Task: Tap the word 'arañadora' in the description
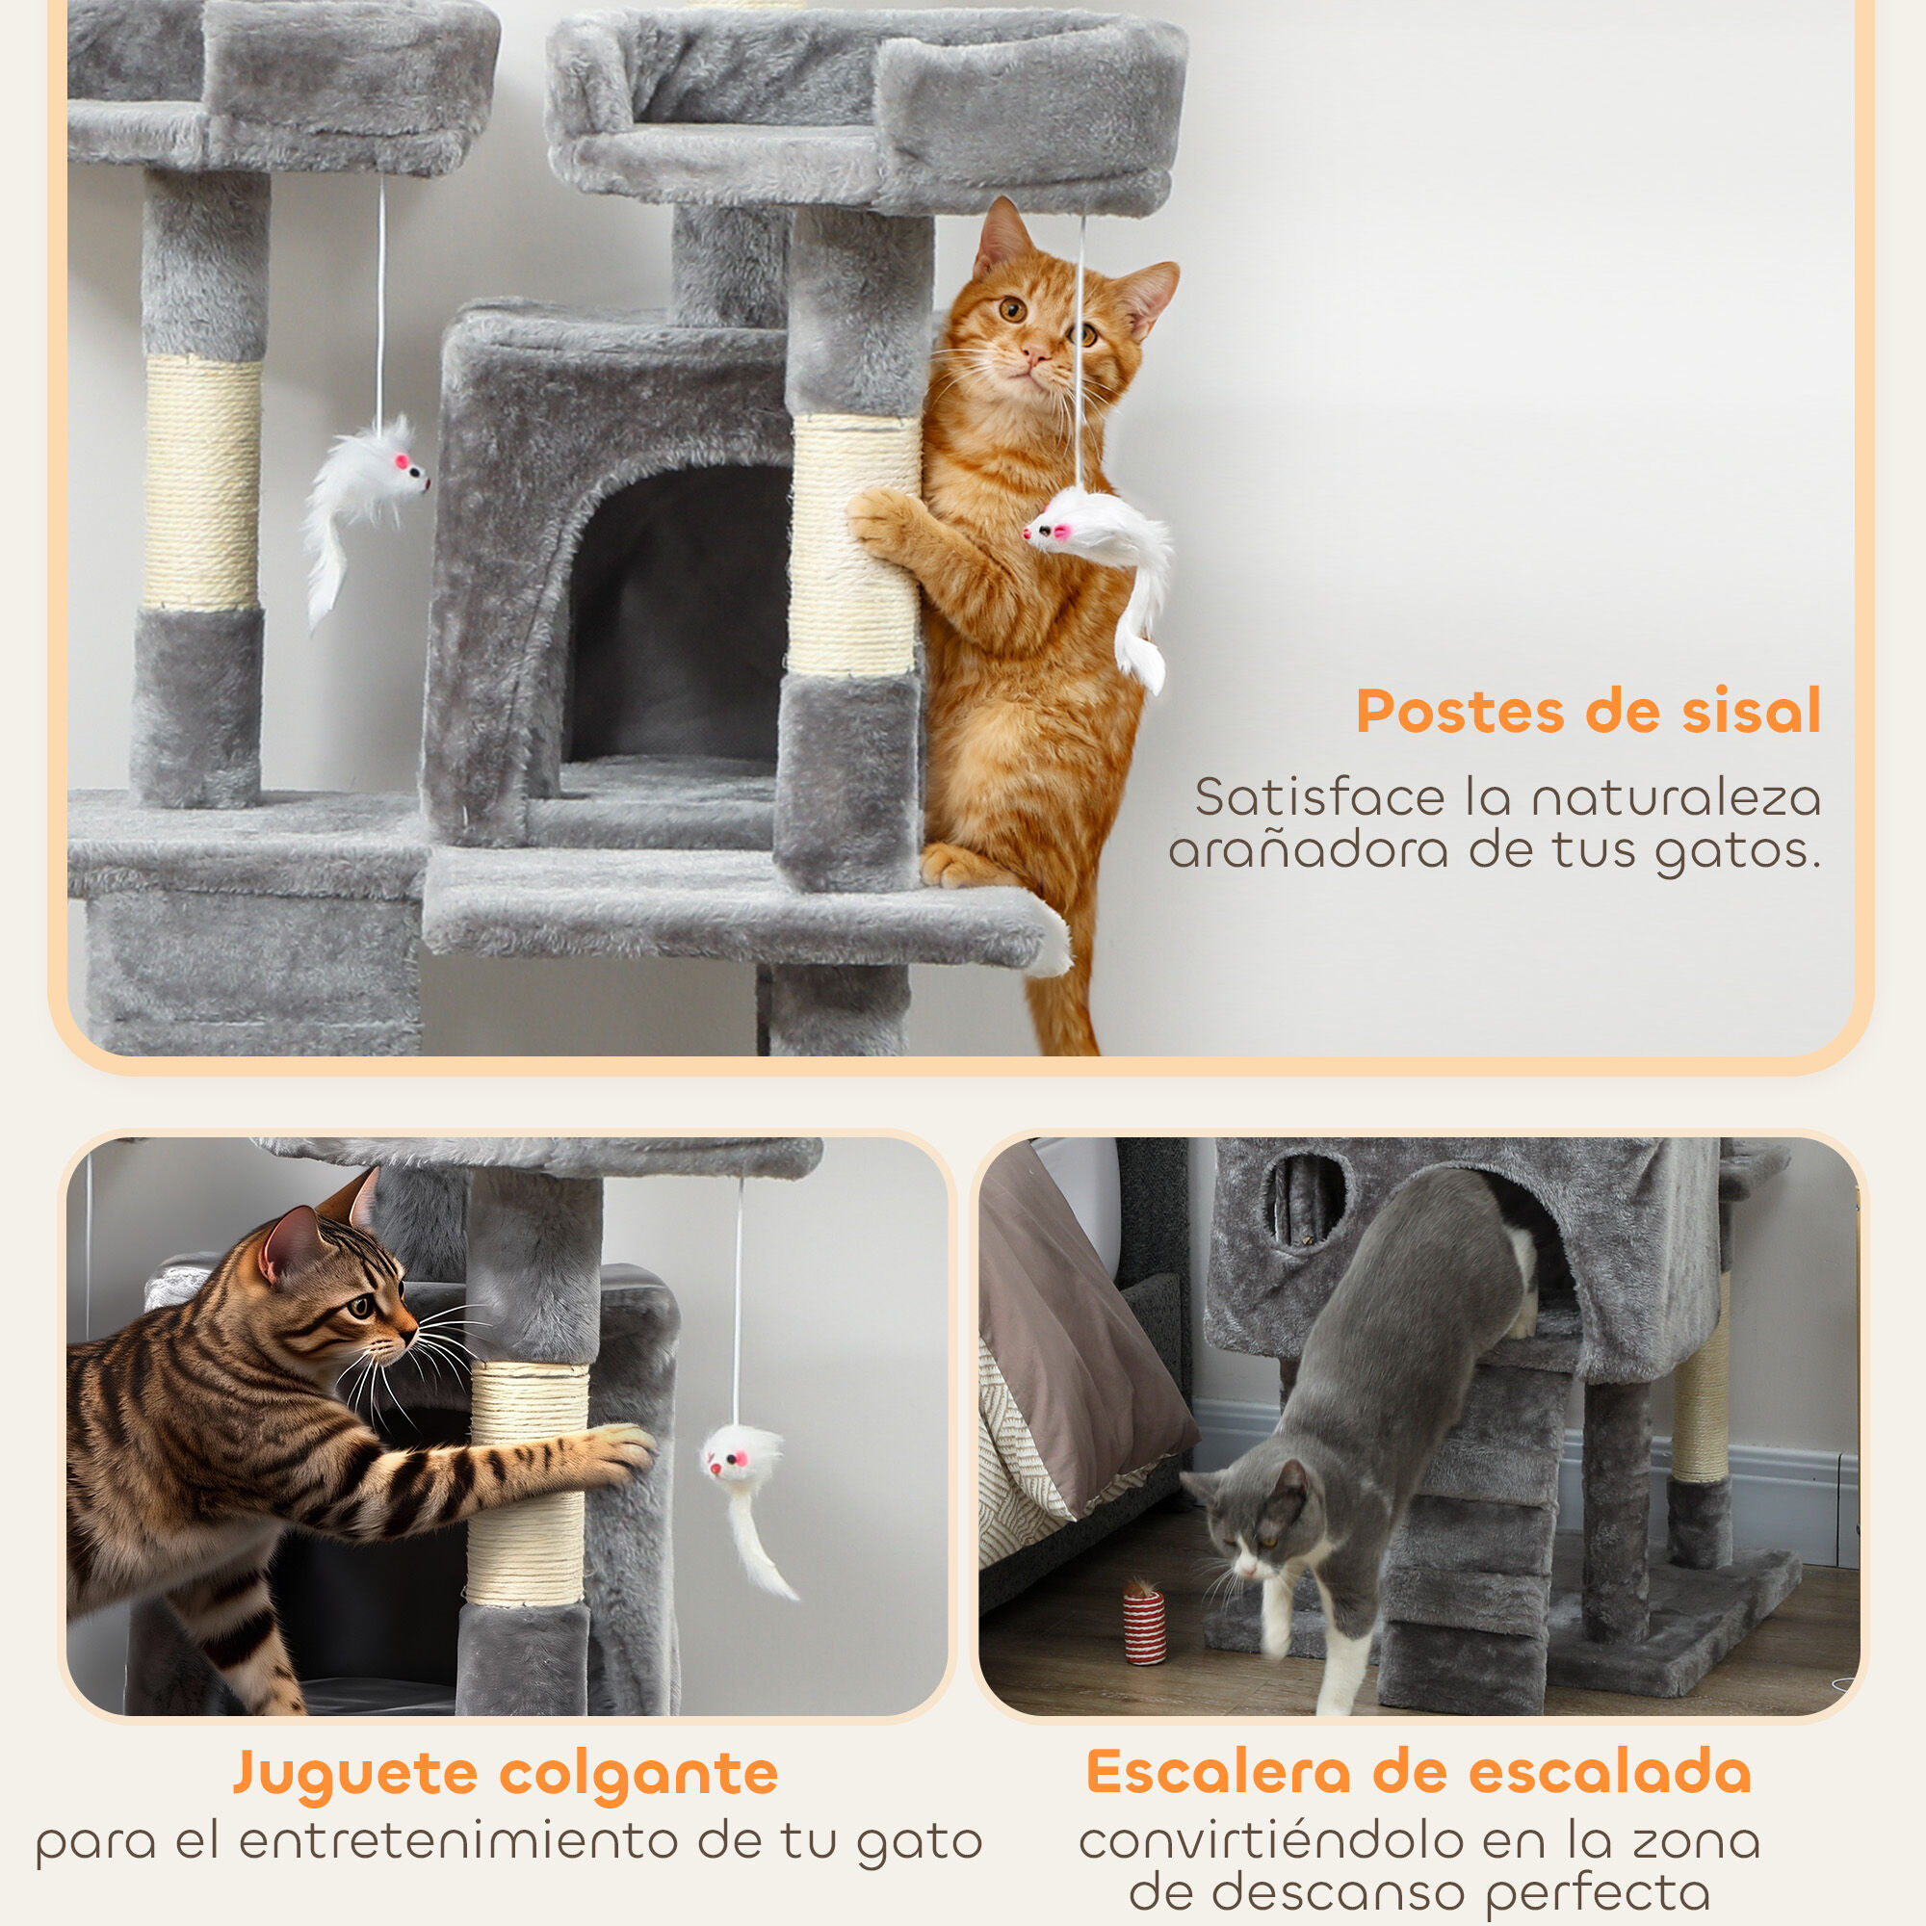pyautogui.click(x=1307, y=850)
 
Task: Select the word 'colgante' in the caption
pyautogui.click(x=638, y=1774)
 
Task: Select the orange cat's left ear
pyautogui.click(x=1002, y=238)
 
